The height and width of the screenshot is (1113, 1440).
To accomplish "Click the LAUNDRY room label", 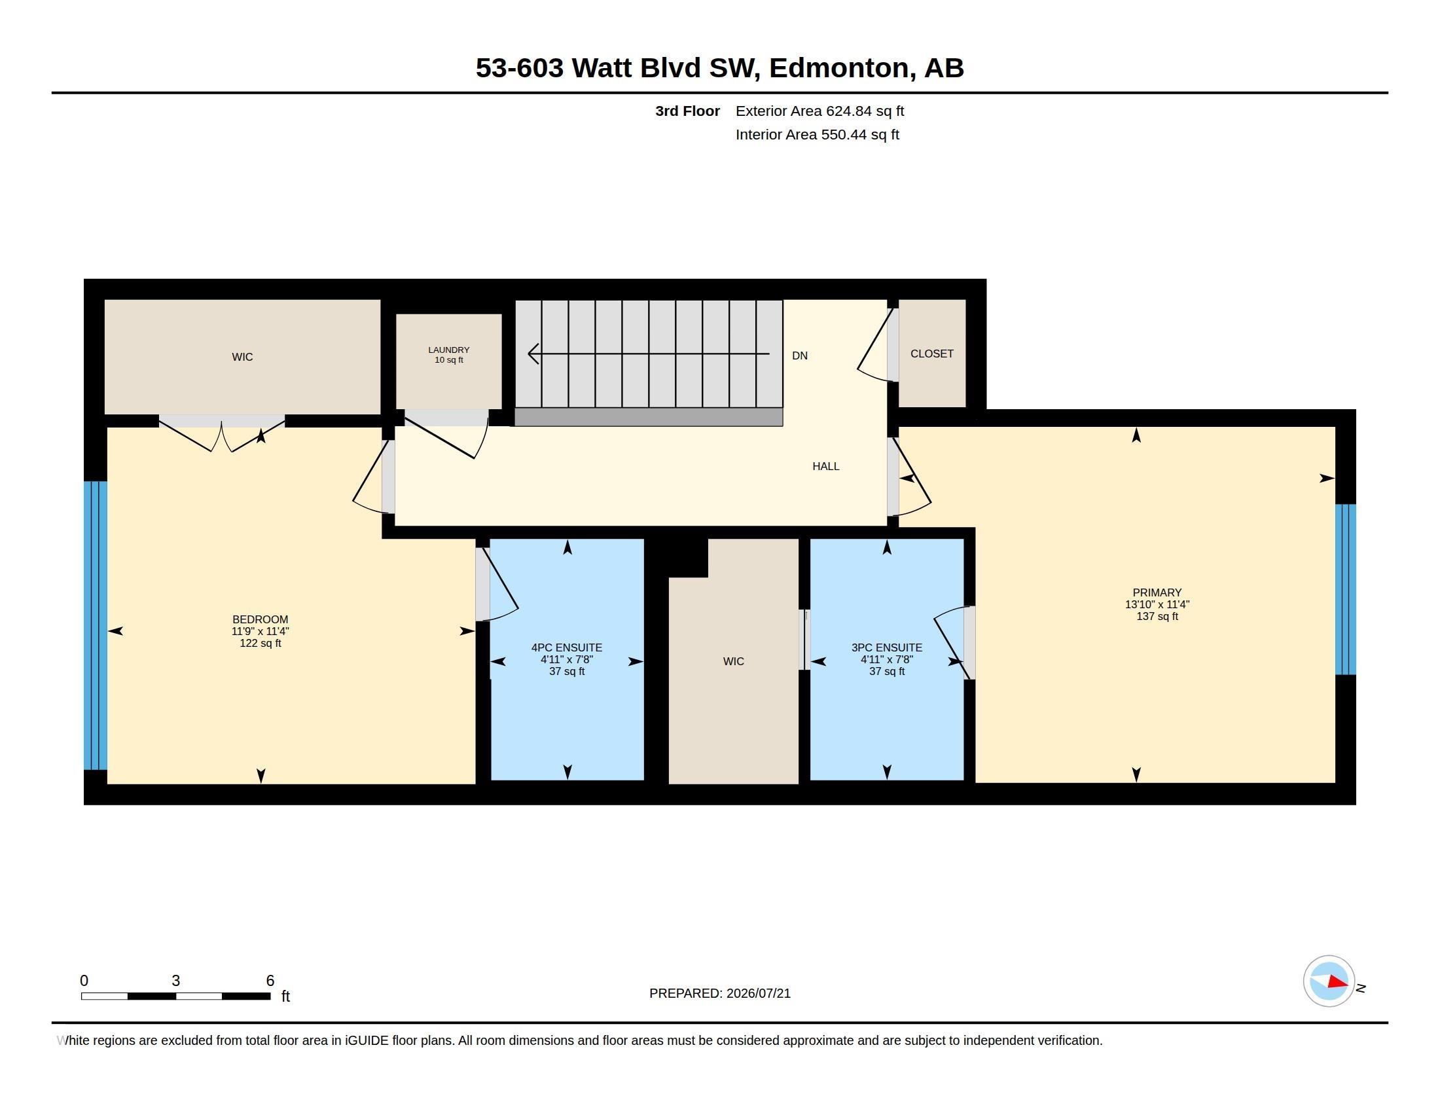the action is point(448,350).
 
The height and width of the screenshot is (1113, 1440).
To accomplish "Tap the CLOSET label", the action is point(931,354).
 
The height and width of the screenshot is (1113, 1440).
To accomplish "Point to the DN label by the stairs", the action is point(800,356).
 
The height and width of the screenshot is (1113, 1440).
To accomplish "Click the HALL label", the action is point(825,467).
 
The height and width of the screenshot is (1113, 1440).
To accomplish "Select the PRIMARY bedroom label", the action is point(1157,593).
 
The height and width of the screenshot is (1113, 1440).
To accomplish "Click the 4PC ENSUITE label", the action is point(567,648).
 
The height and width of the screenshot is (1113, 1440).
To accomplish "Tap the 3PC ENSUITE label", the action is point(887,648).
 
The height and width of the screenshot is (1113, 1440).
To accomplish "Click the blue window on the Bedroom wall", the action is point(96,626).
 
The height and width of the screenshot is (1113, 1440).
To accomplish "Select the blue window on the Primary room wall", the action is point(1346,589).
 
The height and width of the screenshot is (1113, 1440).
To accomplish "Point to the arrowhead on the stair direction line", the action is point(533,354).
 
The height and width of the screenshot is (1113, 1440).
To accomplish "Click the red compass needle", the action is point(1338,983).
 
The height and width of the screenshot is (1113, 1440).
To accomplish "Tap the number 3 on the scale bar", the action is point(175,981).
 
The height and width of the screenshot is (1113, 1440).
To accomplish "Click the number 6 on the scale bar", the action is point(270,981).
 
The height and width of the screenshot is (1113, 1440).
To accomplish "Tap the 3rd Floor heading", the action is point(688,111).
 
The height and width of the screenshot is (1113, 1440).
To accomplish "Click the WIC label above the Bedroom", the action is point(242,357).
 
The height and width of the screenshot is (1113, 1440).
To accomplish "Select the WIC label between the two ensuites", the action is point(733,661).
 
